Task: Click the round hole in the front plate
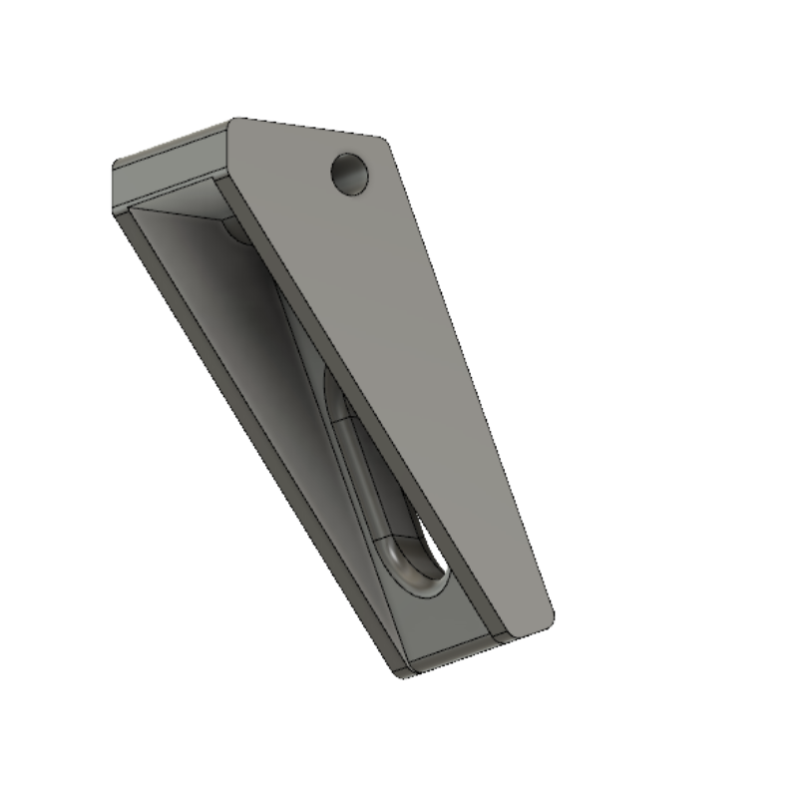350,174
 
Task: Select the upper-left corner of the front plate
233,123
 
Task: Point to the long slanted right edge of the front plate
469,379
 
